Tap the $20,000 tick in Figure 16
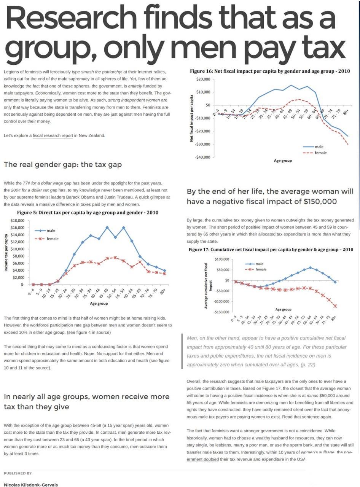[203, 79]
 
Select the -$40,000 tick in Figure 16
[202, 157]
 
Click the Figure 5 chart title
[88, 212]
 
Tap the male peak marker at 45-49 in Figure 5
[107, 227]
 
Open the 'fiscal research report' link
[53, 135]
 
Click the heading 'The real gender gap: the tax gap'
[63, 164]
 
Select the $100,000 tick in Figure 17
[222, 259]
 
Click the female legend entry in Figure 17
[261, 269]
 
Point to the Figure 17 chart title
[271, 250]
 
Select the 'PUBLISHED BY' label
[18, 473]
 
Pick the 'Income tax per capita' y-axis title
[6, 253]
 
